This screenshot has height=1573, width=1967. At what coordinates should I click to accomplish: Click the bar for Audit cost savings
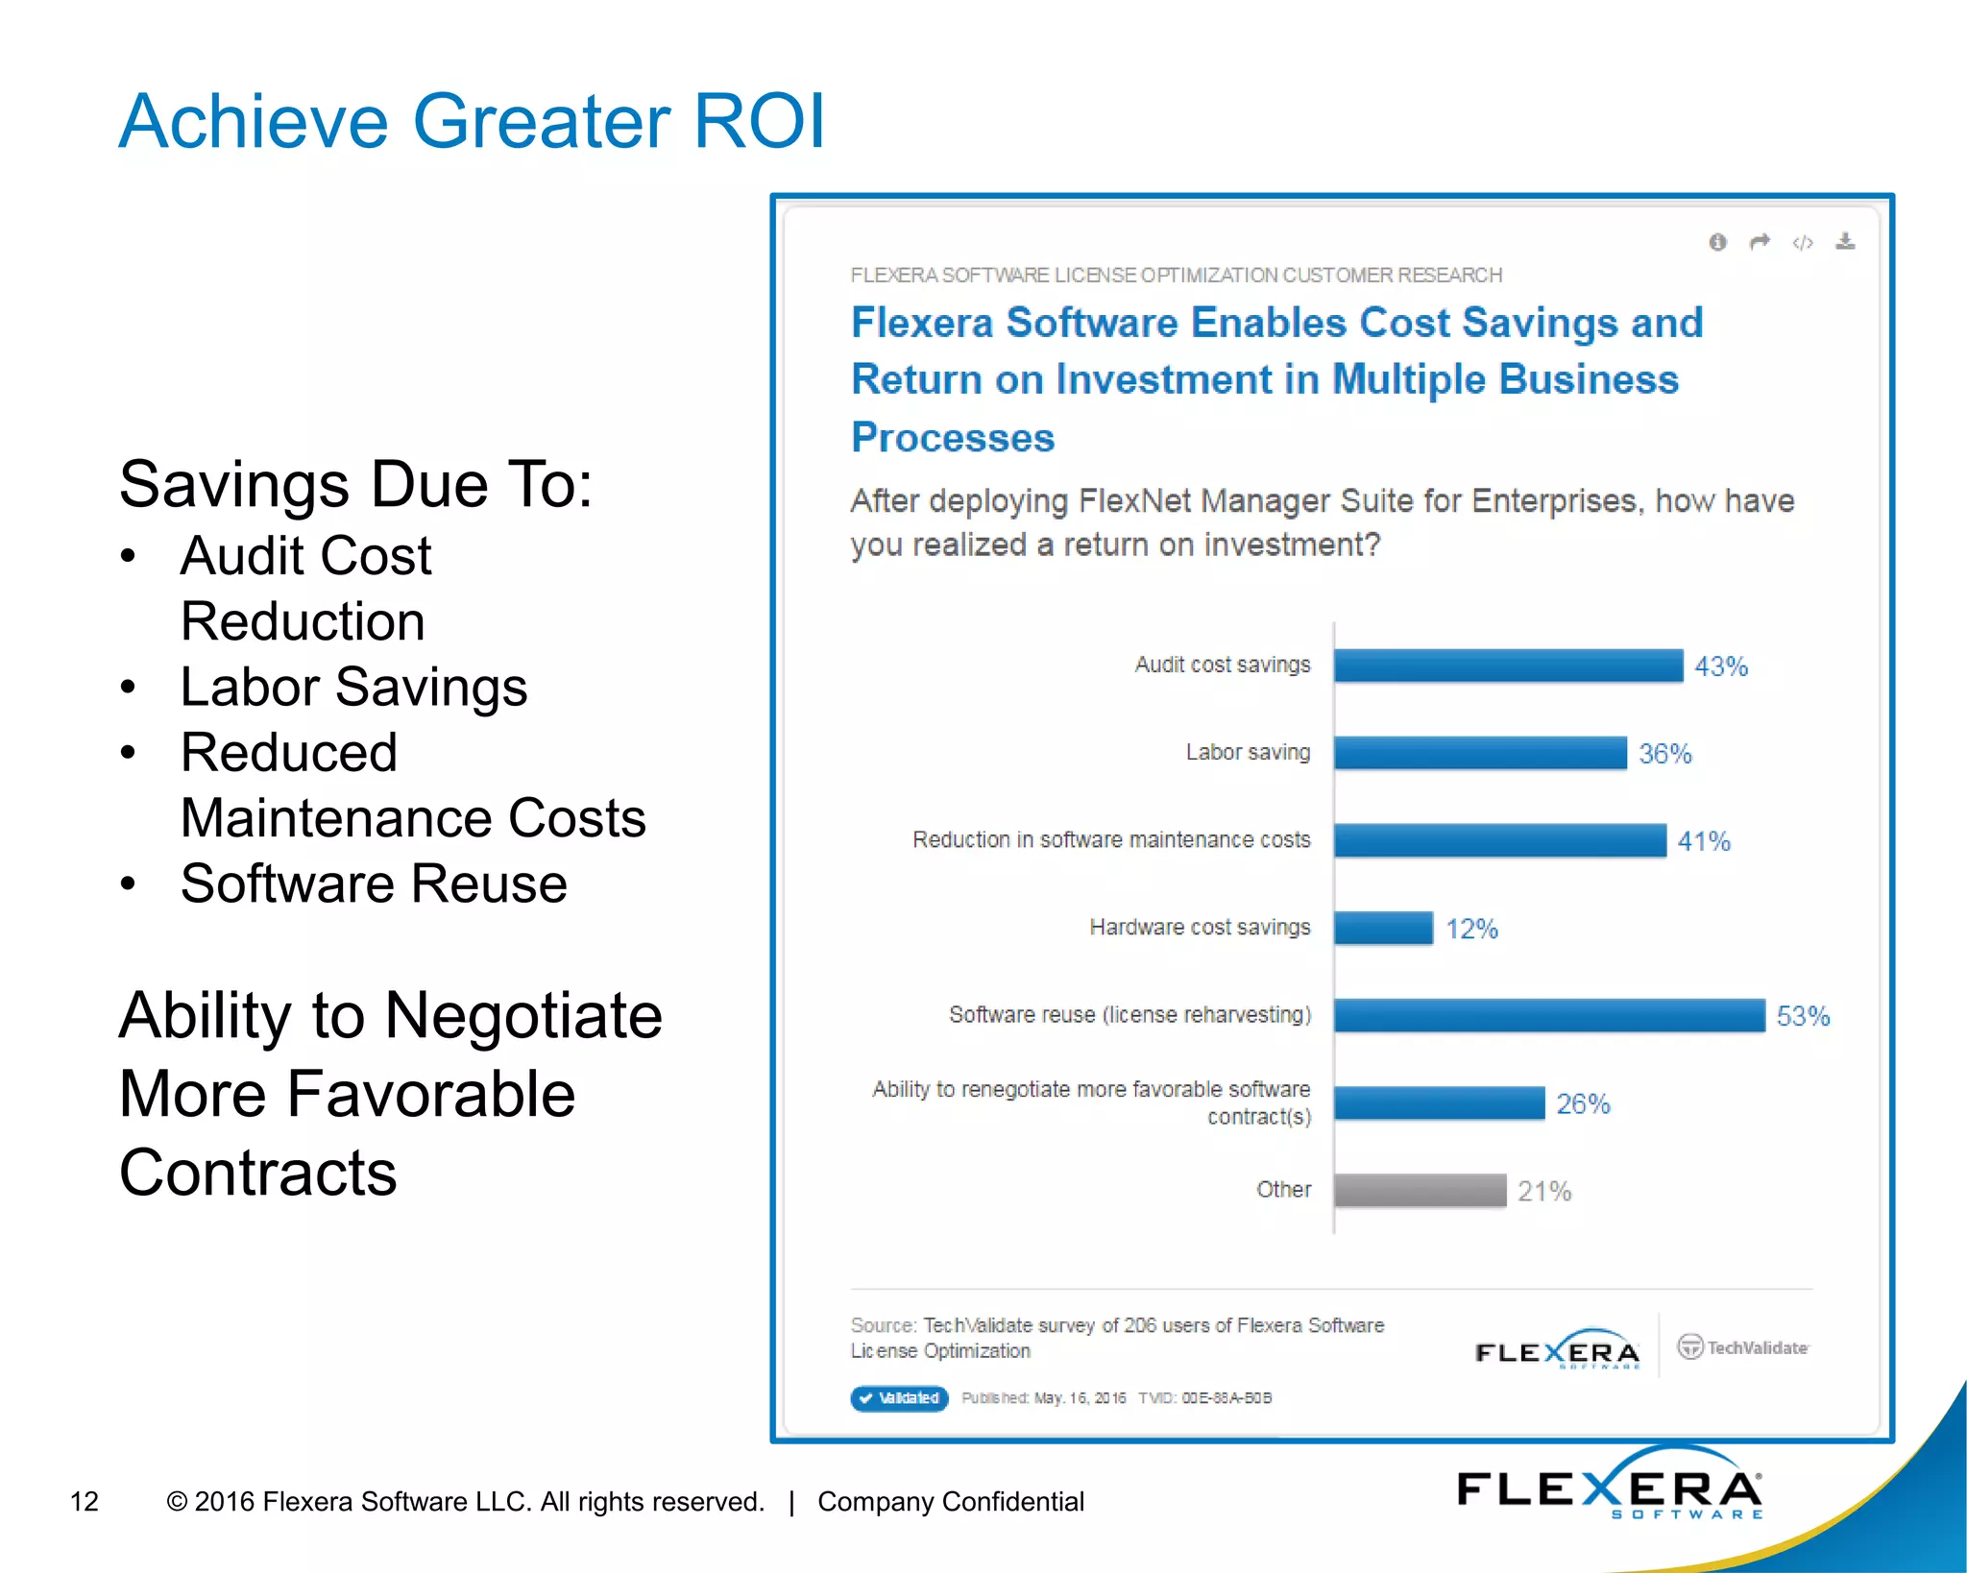click(1508, 665)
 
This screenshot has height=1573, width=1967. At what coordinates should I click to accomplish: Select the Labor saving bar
click(1479, 753)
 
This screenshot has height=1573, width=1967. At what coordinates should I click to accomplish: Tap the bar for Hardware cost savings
click(1383, 928)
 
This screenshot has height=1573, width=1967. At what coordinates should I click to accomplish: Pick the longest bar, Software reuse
click(1548, 1015)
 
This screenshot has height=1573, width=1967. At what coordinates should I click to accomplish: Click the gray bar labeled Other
click(1420, 1190)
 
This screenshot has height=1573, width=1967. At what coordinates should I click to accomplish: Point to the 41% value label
click(1703, 841)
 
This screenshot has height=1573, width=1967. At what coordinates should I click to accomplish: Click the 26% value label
click(1583, 1103)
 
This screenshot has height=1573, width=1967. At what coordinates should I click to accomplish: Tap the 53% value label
click(1803, 1016)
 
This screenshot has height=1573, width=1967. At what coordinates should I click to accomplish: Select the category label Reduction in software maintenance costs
click(1111, 840)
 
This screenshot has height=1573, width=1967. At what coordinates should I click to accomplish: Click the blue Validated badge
click(899, 1397)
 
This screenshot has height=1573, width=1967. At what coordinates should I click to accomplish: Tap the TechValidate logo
click(1743, 1347)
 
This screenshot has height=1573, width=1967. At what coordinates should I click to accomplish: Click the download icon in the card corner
click(1845, 242)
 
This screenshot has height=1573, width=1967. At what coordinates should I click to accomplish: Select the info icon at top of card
click(1717, 242)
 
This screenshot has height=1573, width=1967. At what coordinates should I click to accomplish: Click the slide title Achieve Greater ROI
click(471, 122)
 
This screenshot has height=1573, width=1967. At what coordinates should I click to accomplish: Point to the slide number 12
click(85, 1501)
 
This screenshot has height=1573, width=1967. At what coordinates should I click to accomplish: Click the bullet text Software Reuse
click(374, 883)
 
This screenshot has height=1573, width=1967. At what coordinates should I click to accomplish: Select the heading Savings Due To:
click(355, 484)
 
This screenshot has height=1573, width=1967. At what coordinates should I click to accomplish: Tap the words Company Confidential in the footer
click(951, 1501)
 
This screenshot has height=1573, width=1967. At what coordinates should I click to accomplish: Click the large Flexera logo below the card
click(1609, 1488)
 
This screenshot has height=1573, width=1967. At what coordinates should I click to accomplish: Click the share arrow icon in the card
click(1760, 242)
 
